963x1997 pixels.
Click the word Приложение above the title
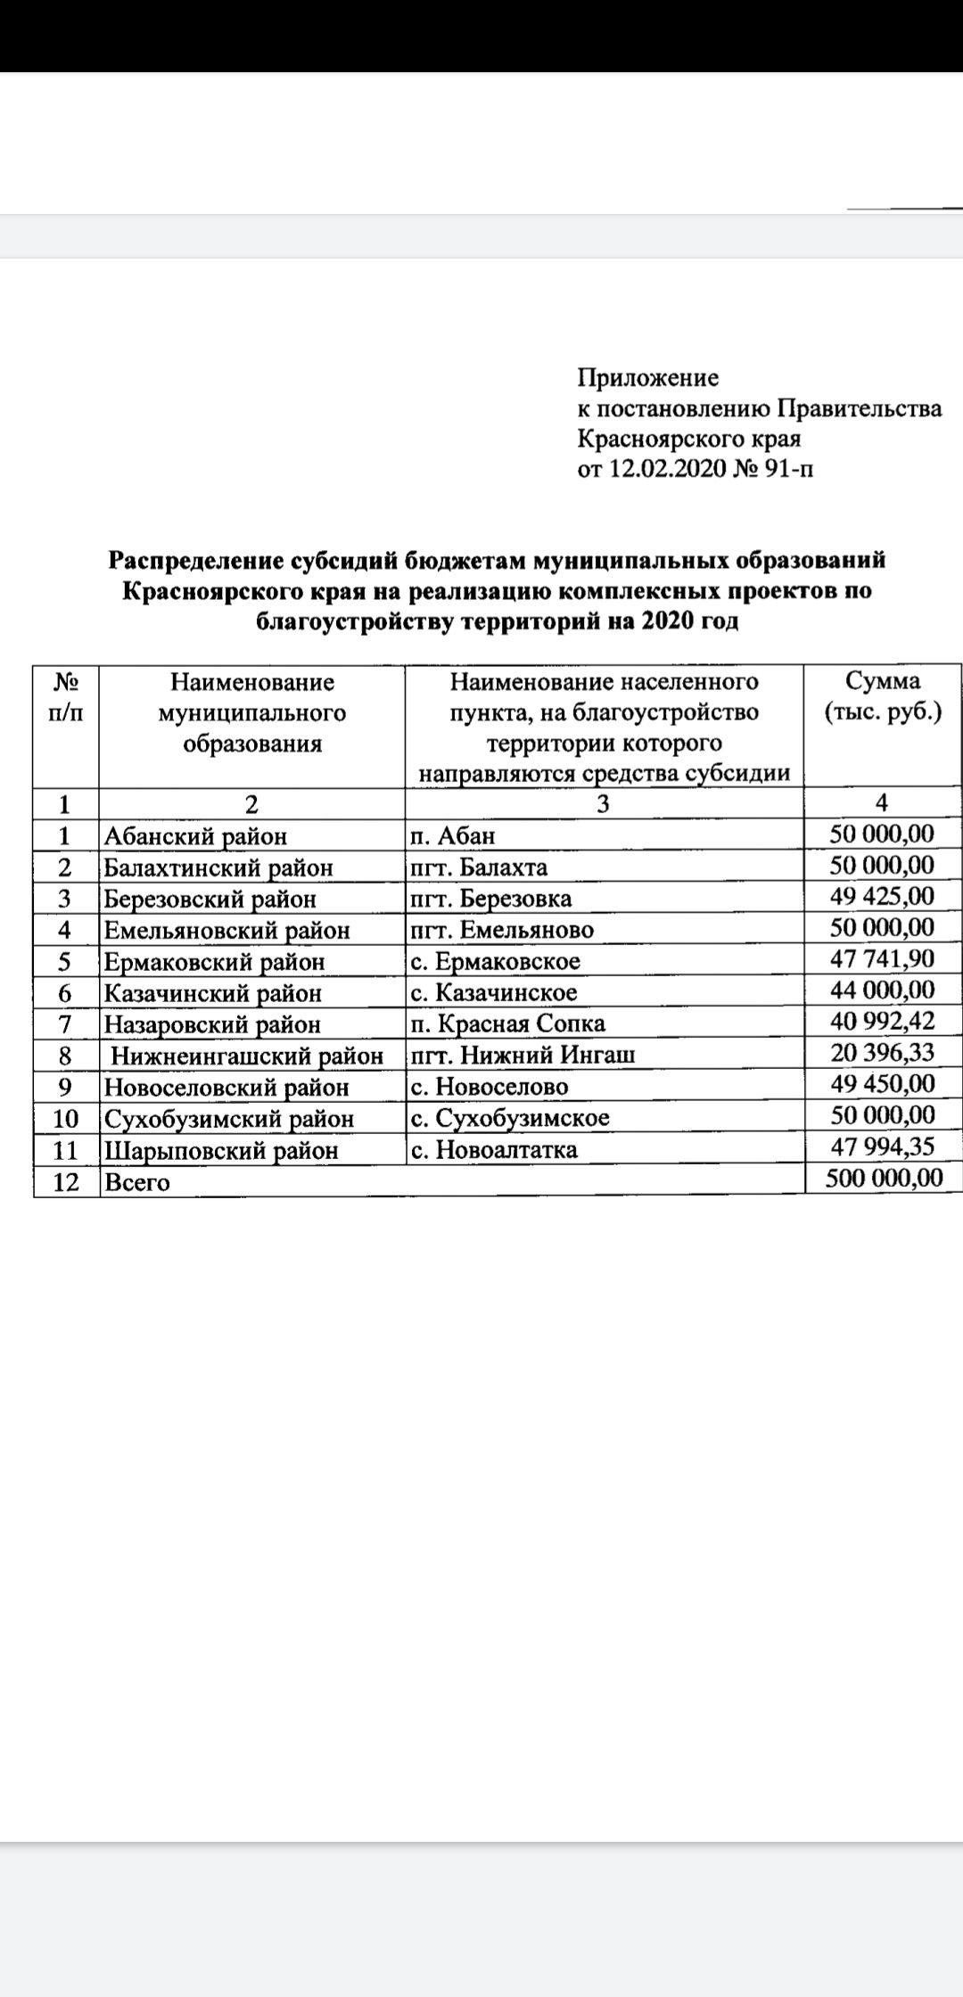pyautogui.click(x=647, y=378)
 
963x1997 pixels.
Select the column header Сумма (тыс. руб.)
pyautogui.click(x=882, y=697)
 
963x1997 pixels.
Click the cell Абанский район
pyautogui.click(x=196, y=836)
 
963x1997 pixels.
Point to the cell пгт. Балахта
pyautogui.click(x=479, y=867)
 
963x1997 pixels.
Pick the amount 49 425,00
pyautogui.click(x=882, y=896)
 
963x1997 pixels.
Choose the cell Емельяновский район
pyautogui.click(x=226, y=931)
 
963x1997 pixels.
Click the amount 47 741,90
pyautogui.click(x=882, y=959)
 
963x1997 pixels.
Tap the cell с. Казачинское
pyautogui.click(x=494, y=993)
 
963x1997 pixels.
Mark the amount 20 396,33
pyautogui.click(x=882, y=1053)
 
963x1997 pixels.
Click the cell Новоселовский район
pyautogui.click(x=226, y=1088)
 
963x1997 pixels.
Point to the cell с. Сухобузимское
pyautogui.click(x=510, y=1118)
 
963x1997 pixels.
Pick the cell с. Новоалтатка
pyautogui.click(x=494, y=1150)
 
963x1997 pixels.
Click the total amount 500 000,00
pyautogui.click(x=883, y=1179)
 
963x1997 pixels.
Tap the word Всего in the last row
pyautogui.click(x=136, y=1182)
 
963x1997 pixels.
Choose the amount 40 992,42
pyautogui.click(x=882, y=1022)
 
